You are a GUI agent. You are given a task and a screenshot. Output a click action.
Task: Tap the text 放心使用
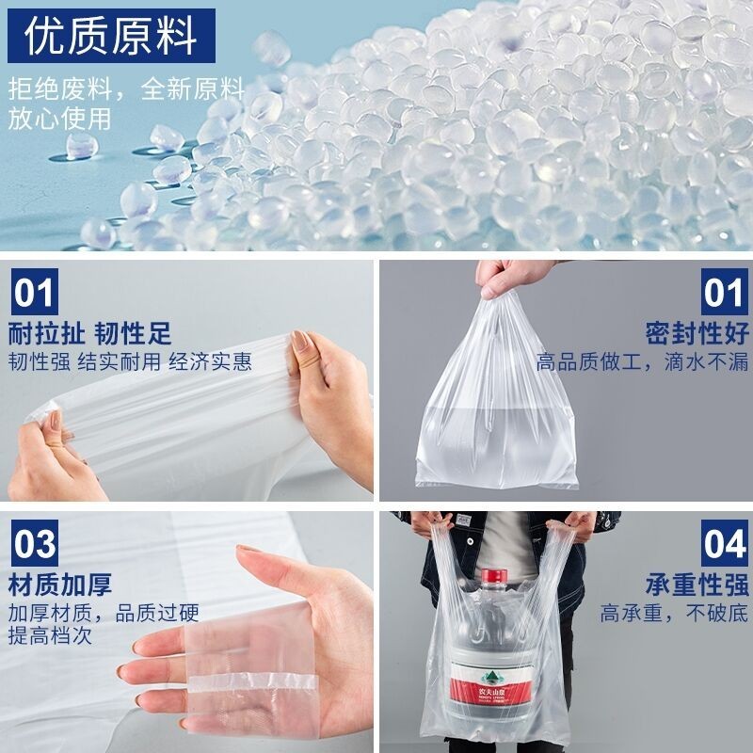[x=60, y=119]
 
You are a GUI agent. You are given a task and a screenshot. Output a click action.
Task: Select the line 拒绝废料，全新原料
[x=126, y=90]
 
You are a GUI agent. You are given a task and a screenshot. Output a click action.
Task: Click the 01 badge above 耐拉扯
[x=35, y=293]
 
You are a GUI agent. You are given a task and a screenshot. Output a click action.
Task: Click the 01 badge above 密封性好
[x=724, y=293]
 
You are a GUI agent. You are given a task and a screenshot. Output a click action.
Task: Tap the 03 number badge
[x=35, y=545]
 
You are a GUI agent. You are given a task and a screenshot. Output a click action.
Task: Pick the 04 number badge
[x=724, y=545]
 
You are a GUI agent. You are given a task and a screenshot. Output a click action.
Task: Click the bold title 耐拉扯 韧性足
[x=90, y=333]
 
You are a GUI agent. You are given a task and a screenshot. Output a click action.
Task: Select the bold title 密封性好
[x=697, y=333]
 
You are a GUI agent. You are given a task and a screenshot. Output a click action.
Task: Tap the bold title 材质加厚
[x=60, y=584]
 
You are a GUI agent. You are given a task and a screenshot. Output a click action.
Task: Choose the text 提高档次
[x=50, y=636]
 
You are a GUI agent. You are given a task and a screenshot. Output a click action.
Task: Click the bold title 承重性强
[x=697, y=584]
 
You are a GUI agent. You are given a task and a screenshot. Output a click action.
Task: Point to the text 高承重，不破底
[x=674, y=614]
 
